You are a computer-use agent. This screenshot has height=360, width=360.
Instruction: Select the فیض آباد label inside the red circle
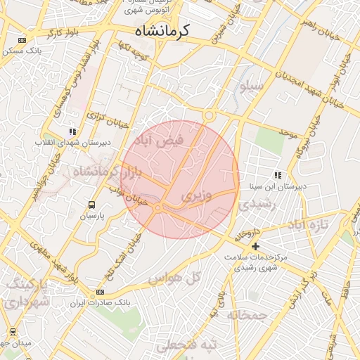coord(163,141)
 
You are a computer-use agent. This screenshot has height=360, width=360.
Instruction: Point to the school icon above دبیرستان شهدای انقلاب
coord(72,131)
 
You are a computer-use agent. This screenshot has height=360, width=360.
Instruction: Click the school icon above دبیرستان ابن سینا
coord(278,175)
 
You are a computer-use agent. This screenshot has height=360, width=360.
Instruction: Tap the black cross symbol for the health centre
coord(255,246)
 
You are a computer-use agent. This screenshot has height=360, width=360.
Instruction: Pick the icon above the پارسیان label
coord(91,205)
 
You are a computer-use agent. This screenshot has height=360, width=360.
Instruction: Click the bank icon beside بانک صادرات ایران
coord(100,292)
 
